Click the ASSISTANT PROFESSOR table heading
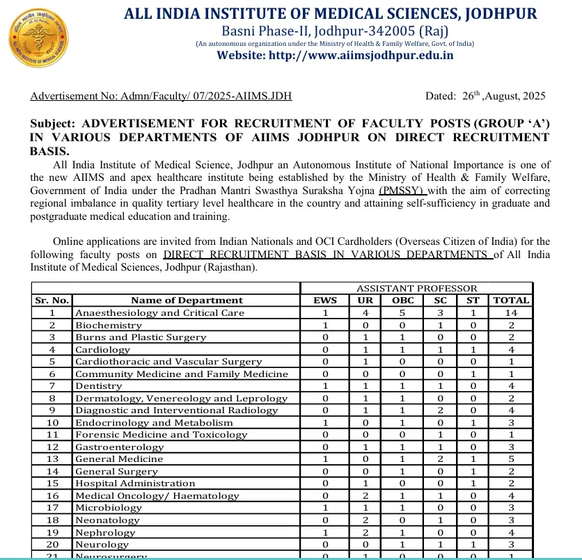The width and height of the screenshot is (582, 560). point(416,288)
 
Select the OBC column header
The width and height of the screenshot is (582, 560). point(403,301)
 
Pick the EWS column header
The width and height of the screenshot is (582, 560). point(325,301)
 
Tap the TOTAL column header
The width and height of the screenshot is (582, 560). point(511,301)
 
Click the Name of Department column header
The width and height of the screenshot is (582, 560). point(187,301)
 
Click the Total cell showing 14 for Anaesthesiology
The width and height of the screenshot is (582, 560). point(511,313)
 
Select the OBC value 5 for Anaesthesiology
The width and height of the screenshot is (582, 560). point(403,313)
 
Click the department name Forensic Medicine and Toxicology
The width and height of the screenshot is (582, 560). point(161,435)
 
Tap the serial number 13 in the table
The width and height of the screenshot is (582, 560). point(52,459)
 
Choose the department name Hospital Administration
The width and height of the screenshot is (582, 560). point(135,483)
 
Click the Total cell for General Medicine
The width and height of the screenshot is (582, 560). point(511,459)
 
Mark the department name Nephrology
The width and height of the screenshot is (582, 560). point(105,532)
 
